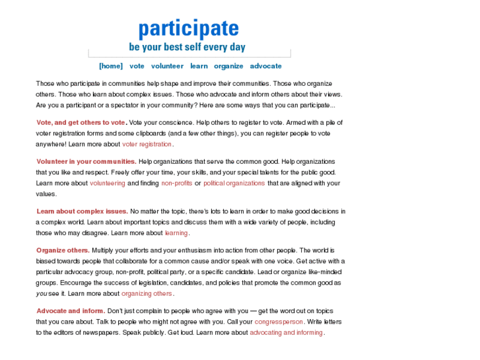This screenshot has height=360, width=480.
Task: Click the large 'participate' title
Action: pos(188,28)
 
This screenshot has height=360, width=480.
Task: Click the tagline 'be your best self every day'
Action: pos(187,48)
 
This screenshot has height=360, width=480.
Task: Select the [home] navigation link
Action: pos(111,66)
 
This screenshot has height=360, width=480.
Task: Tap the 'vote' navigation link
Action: pos(137,66)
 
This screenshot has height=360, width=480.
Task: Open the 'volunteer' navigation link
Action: pos(167,66)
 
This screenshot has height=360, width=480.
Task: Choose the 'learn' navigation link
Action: pos(199,66)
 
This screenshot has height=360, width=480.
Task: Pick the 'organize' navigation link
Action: pos(228,66)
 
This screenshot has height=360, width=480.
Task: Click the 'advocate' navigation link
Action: pos(265,66)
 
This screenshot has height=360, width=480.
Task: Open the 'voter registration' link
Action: pos(147,144)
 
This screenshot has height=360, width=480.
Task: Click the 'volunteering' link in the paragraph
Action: pos(107,183)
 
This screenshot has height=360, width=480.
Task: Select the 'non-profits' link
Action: pos(176,183)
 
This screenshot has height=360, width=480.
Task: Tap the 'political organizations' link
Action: pos(234,183)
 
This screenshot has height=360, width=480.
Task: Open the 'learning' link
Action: pos(176,233)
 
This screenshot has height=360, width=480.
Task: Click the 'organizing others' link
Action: pos(147,293)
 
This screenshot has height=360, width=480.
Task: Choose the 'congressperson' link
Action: pos(279,322)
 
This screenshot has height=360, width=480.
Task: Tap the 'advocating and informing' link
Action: pos(286,332)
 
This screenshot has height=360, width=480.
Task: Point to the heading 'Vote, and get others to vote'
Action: pos(81,122)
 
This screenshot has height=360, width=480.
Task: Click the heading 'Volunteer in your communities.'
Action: pos(86,161)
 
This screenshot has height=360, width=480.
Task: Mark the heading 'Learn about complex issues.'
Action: pos(82,211)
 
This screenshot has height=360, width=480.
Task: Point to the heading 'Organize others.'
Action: pos(63,250)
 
